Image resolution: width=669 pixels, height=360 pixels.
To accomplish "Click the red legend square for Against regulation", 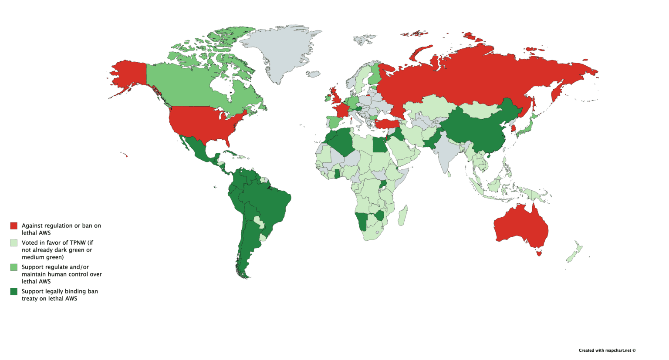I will coord(14,226).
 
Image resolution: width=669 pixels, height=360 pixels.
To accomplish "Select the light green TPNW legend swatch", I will coord(14,243).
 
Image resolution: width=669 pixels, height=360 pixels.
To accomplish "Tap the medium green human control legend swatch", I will coord(14,267).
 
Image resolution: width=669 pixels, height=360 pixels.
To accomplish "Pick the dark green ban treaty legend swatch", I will coord(14,292).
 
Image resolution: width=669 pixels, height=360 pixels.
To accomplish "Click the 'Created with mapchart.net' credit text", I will coord(607,350).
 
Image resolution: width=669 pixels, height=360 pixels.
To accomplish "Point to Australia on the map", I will coord(520,226).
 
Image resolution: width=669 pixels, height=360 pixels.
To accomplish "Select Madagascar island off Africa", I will coord(403,216).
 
